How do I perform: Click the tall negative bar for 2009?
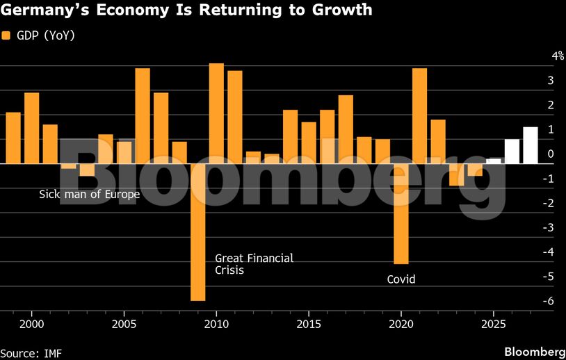(197, 232)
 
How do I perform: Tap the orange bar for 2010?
(216, 113)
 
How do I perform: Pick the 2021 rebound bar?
(419, 116)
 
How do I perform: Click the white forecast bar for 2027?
(531, 145)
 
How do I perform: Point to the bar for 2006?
(143, 116)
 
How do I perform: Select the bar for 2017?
(346, 129)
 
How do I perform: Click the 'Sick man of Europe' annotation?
(90, 194)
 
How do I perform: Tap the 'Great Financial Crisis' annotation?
(254, 263)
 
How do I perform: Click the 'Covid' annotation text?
(401, 279)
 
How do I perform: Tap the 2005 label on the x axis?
(124, 325)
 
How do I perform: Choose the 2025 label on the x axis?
(493, 325)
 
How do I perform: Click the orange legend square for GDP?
(6, 35)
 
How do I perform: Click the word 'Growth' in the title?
(337, 11)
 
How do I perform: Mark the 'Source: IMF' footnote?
(31, 353)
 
